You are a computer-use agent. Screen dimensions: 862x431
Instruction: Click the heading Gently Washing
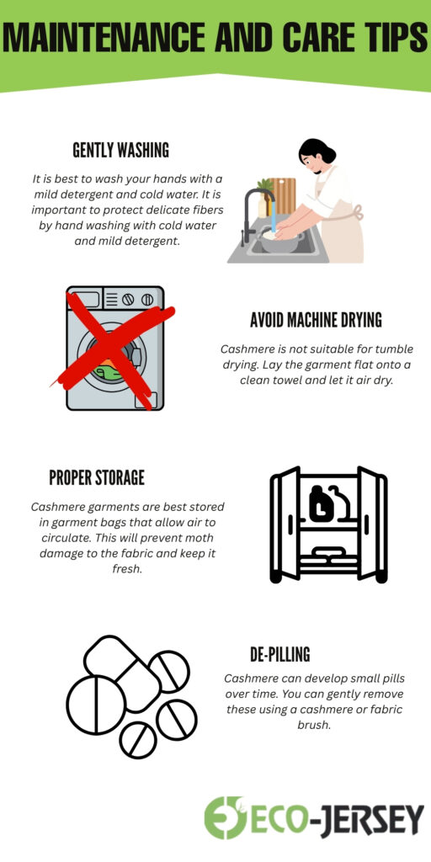click(120, 151)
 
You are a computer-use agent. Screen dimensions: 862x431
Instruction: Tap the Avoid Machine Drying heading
click(316, 320)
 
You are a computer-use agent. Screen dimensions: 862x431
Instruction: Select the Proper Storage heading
click(97, 477)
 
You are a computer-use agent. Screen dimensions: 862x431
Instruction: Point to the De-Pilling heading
click(280, 654)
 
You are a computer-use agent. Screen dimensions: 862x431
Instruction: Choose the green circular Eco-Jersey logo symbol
click(225, 817)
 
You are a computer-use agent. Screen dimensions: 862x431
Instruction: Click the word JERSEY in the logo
click(374, 818)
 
